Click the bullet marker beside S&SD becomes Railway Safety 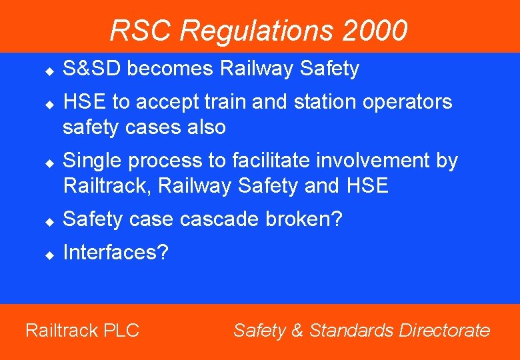[x=49, y=70]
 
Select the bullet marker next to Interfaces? [x=49, y=254]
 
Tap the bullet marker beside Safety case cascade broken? [x=49, y=221]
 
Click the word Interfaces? [x=116, y=253]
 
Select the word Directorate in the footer [x=445, y=330]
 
